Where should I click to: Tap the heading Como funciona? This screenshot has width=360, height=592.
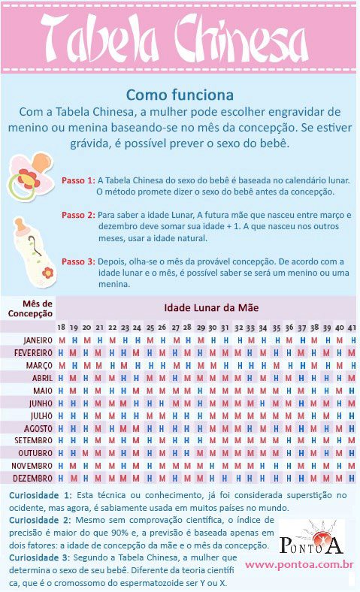pyautogui.click(x=180, y=95)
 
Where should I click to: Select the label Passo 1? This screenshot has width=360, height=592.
pyautogui.click(x=78, y=180)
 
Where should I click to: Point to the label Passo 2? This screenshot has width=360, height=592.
pyautogui.click(x=78, y=215)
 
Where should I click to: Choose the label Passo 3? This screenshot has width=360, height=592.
pyautogui.click(x=78, y=261)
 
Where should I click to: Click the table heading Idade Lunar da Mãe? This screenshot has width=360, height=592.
pyautogui.click(x=207, y=308)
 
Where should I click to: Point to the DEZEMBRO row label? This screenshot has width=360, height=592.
pyautogui.click(x=34, y=478)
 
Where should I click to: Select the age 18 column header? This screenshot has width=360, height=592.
pyautogui.click(x=62, y=328)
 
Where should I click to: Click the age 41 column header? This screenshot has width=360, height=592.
pyautogui.click(x=351, y=328)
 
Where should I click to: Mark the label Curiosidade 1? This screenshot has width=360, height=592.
pyautogui.click(x=41, y=496)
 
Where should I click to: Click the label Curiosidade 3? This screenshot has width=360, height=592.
pyautogui.click(x=41, y=557)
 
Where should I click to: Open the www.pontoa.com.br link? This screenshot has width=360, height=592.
pyautogui.click(x=299, y=564)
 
